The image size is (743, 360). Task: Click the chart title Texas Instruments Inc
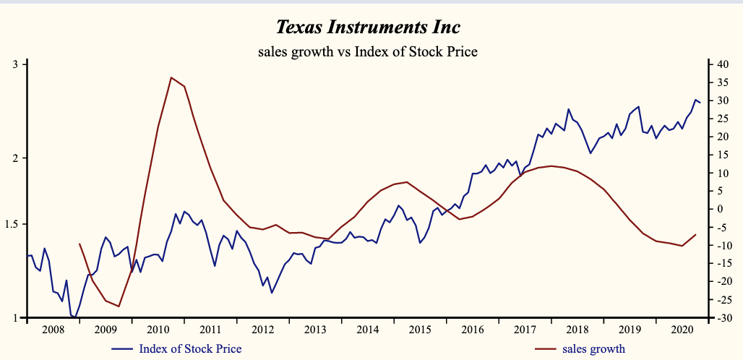click(368, 28)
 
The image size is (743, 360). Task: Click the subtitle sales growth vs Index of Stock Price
click(368, 51)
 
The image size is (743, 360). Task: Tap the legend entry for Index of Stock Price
click(190, 348)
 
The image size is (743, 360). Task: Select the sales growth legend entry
click(593, 348)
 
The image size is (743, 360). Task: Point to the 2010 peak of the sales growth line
click(171, 77)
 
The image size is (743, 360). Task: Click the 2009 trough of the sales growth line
click(119, 307)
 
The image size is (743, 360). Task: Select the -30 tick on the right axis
click(723, 317)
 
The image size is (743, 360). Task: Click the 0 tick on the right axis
click(720, 209)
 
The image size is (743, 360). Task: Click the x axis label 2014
click(367, 330)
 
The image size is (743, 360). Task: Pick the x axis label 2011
click(210, 330)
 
